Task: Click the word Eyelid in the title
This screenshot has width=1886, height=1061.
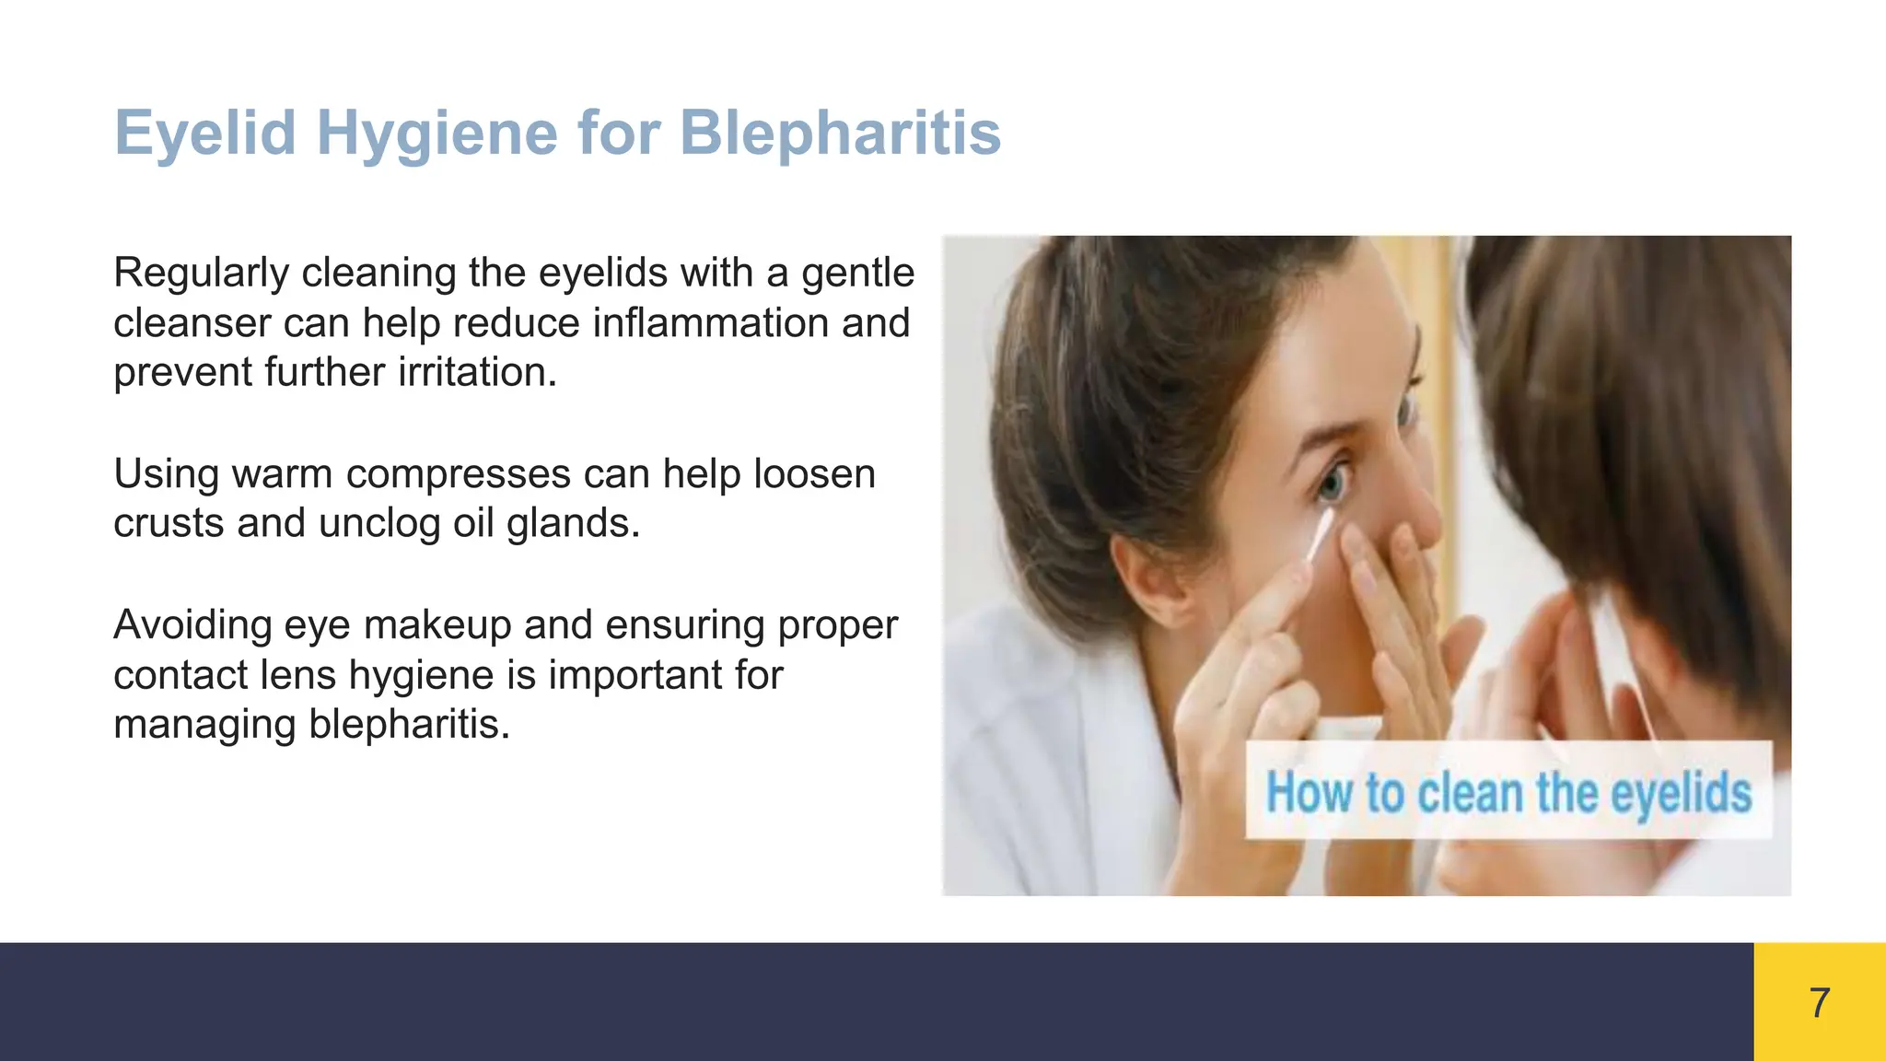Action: pos(205,133)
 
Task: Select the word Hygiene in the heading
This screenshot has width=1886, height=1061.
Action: pos(437,134)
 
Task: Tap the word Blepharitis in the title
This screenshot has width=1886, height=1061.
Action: pos(840,134)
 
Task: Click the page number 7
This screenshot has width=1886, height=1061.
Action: pos(1820,1002)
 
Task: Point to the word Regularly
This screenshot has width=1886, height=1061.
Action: pos(201,274)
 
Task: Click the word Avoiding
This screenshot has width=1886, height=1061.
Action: pos(192,625)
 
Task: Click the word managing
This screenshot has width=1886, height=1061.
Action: pos(204,725)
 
